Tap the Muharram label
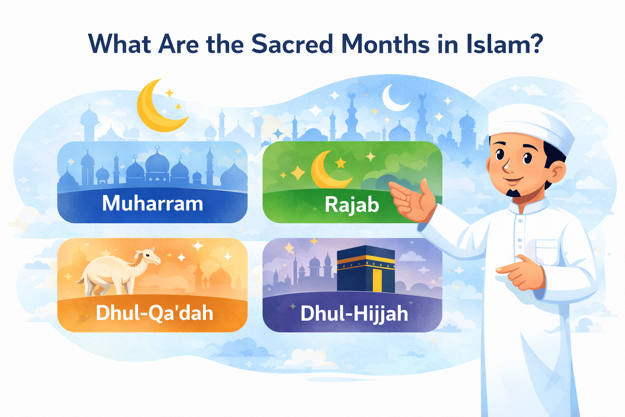point(153,203)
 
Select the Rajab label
point(352,204)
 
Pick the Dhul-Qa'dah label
point(155,313)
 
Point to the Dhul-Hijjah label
point(354,314)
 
